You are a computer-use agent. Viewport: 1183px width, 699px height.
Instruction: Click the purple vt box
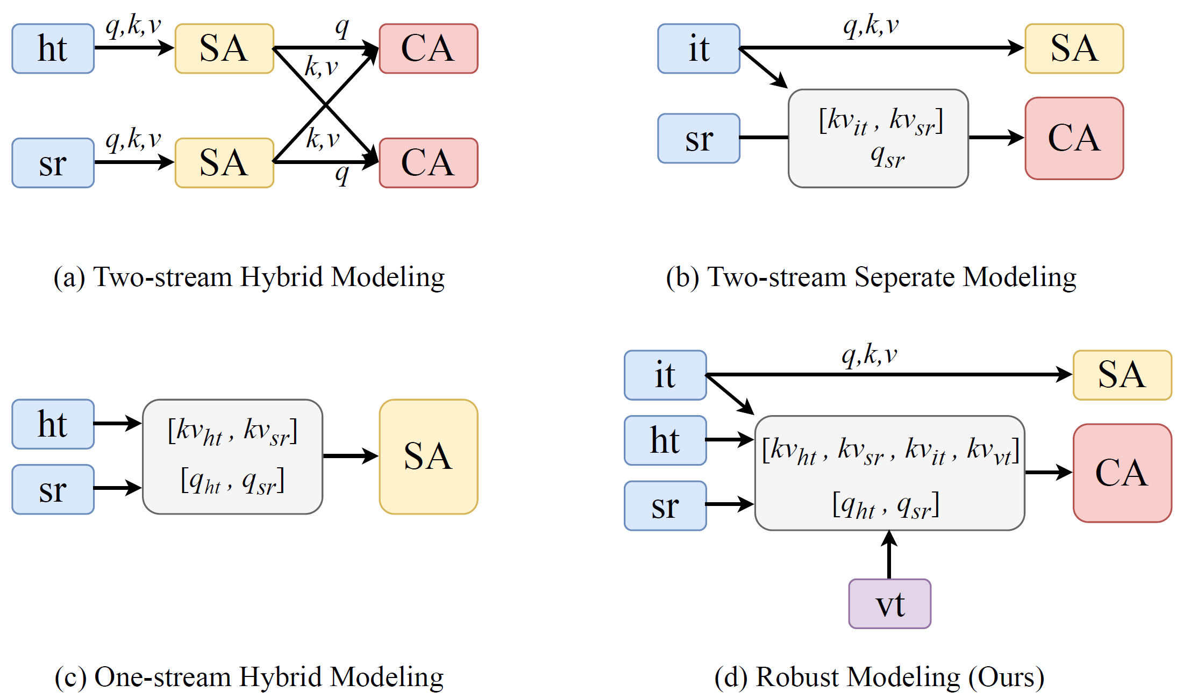click(889, 603)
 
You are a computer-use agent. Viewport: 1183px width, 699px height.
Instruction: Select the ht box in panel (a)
click(53, 48)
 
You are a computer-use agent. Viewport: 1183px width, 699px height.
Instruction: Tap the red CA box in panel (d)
click(1122, 473)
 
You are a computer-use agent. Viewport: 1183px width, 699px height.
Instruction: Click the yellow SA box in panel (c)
click(429, 457)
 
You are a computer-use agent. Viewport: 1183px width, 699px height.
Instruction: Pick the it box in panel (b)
click(699, 48)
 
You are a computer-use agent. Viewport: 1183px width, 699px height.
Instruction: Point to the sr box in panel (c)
click(53, 489)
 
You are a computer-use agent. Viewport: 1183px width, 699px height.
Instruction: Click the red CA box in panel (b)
click(1074, 138)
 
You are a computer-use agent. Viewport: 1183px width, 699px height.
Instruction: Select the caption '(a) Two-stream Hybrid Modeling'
click(249, 277)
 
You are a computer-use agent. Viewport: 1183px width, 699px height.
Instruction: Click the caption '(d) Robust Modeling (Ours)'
click(879, 677)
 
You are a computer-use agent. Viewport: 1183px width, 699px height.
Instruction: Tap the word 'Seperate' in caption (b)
click(904, 278)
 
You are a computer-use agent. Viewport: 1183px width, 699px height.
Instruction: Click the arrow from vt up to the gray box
click(889, 554)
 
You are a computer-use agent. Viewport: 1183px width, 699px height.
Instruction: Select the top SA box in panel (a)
click(224, 48)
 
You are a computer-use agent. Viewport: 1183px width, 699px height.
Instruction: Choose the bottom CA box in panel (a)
click(429, 163)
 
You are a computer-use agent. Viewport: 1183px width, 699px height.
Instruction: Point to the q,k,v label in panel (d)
click(870, 355)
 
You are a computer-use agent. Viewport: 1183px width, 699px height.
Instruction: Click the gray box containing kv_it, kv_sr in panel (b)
click(878, 138)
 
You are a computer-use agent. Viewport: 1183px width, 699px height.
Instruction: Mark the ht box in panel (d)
click(665, 440)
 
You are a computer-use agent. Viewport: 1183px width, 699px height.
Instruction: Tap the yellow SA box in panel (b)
click(1074, 48)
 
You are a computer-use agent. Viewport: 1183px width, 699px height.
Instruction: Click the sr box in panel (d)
click(665, 505)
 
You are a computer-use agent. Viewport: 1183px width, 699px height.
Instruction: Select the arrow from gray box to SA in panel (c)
click(351, 456)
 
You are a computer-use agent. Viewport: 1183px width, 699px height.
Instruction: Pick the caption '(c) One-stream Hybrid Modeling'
click(249, 677)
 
